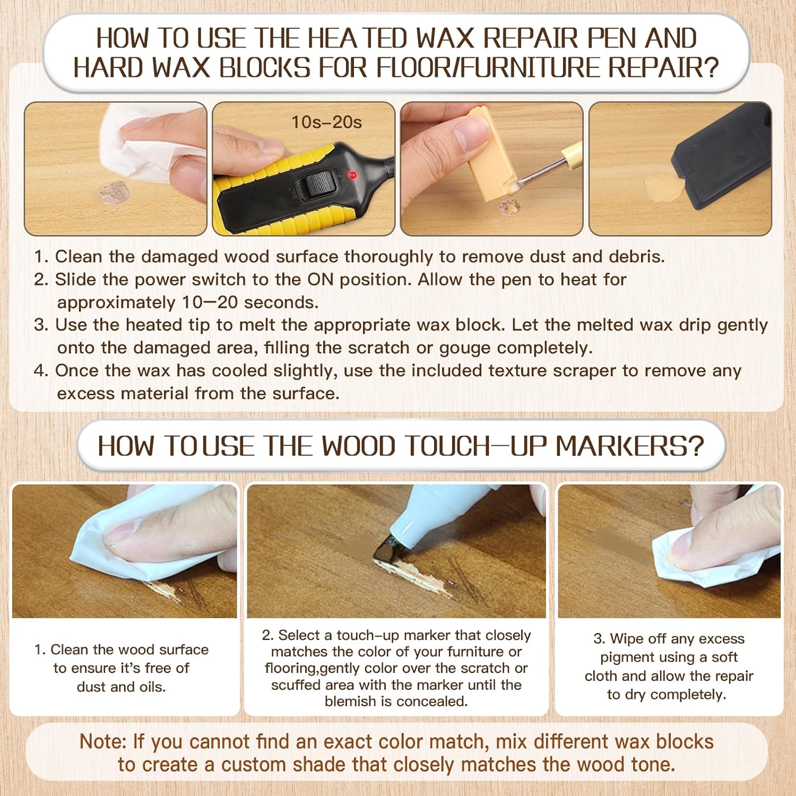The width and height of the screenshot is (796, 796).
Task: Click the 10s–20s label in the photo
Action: (x=326, y=123)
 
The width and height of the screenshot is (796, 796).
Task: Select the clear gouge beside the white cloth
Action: (x=114, y=192)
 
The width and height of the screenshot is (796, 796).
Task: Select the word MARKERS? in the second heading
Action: (x=629, y=446)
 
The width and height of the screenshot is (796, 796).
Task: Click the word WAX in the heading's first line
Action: (x=445, y=38)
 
